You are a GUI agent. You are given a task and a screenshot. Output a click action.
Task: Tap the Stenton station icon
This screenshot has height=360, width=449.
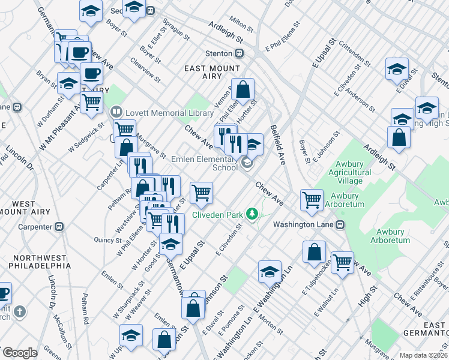[240, 53]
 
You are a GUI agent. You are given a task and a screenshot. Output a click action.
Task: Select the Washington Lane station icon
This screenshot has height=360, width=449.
[340, 224]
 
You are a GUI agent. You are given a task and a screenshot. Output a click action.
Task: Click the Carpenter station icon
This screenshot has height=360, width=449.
[59, 227]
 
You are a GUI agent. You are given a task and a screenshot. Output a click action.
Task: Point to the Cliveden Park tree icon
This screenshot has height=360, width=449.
[253, 214]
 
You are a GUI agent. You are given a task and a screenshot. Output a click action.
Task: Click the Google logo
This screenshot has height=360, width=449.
[20, 353]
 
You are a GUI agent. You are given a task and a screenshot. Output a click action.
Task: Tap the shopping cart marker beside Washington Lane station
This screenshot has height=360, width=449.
[312, 200]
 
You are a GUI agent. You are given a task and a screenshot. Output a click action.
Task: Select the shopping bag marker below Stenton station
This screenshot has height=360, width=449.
[243, 90]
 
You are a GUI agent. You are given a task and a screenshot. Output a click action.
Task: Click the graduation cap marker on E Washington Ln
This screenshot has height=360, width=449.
[270, 271]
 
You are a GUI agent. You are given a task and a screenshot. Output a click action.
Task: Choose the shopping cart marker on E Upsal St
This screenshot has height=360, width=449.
[201, 193]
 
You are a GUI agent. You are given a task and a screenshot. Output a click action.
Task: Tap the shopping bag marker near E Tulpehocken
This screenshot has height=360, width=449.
[314, 252]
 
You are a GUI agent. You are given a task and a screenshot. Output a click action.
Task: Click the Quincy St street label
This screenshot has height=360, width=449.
[108, 239]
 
